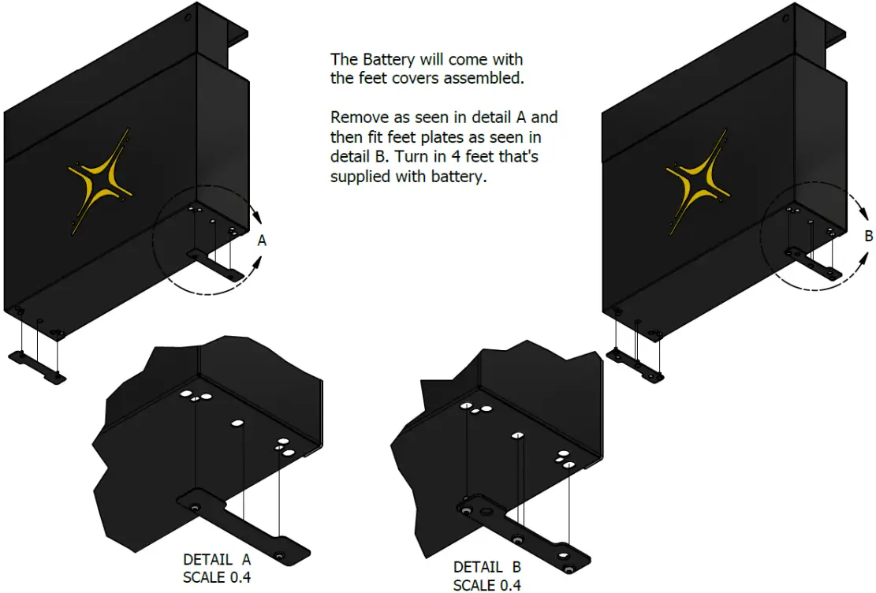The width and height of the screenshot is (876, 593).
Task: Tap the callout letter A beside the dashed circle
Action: pyautogui.click(x=263, y=242)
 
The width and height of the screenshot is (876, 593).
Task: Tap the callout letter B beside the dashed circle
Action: pyautogui.click(x=868, y=235)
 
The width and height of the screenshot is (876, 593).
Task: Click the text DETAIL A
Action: pyautogui.click(x=217, y=559)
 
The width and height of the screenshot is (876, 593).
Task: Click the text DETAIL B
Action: pyautogui.click(x=486, y=567)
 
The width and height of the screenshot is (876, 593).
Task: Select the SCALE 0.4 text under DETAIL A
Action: pyautogui.click(x=217, y=576)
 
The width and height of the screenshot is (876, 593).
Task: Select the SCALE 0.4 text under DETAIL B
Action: pyautogui.click(x=486, y=584)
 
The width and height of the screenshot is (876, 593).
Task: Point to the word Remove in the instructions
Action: pyautogui.click(x=359, y=117)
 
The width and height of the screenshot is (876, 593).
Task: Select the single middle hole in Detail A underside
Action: pyautogui.click(x=237, y=423)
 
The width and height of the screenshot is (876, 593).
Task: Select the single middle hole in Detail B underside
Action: pyautogui.click(x=517, y=434)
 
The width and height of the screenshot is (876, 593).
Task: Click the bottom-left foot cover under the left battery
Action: pyautogui.click(x=37, y=366)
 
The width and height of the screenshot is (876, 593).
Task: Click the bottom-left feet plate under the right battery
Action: pyautogui.click(x=636, y=365)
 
